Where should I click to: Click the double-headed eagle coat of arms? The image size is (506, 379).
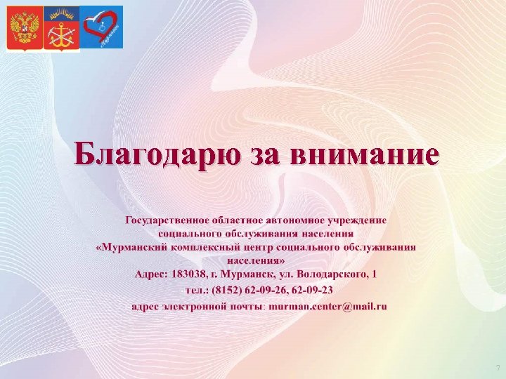[25, 28]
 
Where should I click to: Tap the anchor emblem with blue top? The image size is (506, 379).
[61, 28]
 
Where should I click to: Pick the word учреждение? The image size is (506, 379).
[354, 220]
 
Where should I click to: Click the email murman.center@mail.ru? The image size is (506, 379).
[327, 306]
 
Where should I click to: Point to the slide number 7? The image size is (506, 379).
[498, 368]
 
